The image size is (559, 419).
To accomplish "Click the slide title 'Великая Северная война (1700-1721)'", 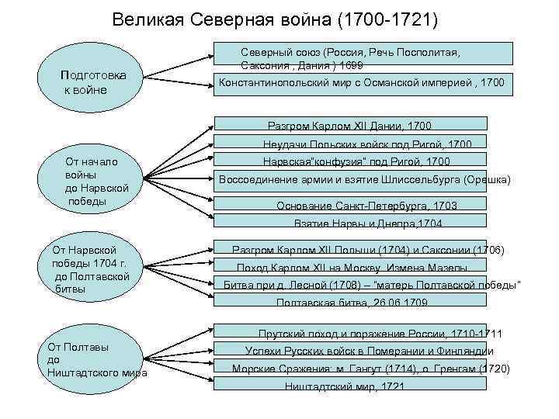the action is tap(275, 16).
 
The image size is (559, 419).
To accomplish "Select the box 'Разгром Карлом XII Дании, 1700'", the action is tap(350, 124).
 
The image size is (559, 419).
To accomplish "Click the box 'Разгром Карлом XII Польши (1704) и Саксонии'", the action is tap(369, 250).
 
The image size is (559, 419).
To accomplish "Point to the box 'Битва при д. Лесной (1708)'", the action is tap(371, 285).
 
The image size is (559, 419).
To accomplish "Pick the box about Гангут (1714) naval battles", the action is tap(371, 369).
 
